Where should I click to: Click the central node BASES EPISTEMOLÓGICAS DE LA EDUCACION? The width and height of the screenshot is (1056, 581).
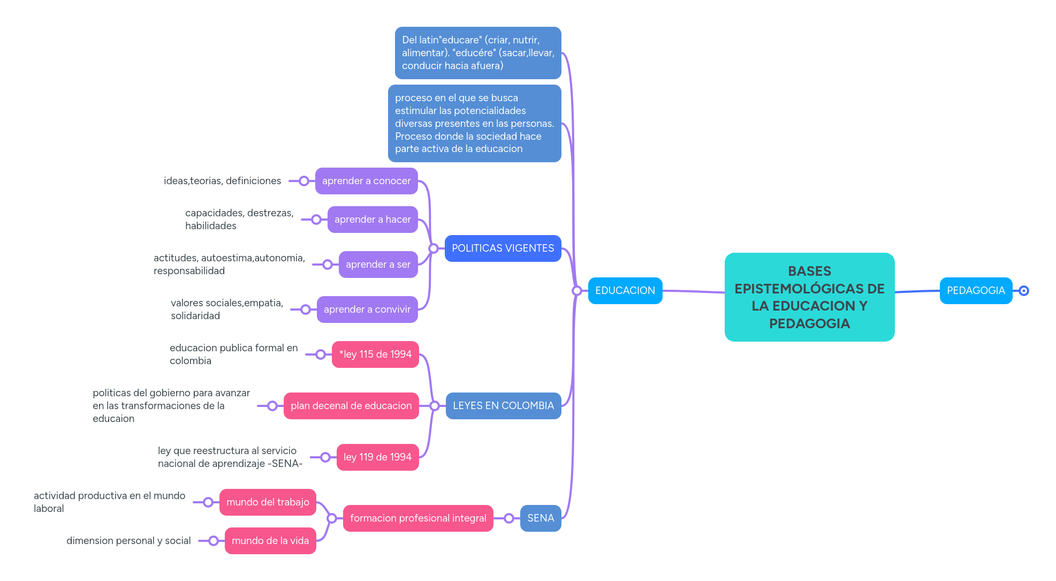809,297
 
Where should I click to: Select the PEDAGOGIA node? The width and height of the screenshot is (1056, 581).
976,291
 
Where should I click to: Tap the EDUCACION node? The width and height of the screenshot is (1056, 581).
625,291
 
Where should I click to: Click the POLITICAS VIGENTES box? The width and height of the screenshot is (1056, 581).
503,248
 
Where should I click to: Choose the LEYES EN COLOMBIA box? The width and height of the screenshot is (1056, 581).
503,406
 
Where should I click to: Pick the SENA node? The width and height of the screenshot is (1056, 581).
540,518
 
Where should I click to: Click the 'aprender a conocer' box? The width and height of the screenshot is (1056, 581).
366,181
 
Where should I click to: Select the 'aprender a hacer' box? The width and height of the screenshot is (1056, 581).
373,220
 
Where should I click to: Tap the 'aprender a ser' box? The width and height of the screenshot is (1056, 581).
378,265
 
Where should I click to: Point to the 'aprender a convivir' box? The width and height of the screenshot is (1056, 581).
367,310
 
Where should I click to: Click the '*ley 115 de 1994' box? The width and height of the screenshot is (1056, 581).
375,354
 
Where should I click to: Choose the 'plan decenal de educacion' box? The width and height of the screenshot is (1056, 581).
351,406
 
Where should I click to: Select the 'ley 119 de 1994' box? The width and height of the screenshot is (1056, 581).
377,457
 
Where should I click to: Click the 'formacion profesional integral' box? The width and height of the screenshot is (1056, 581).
418,518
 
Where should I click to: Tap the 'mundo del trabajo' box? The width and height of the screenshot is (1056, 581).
268,502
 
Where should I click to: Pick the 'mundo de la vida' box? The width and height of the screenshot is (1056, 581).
270,541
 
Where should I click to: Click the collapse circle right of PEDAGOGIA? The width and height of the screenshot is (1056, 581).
1023,291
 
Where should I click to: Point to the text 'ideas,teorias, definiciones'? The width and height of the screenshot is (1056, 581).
222,181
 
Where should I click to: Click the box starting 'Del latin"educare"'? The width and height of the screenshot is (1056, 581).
477,53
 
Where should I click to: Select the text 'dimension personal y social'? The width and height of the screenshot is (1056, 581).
128,541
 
